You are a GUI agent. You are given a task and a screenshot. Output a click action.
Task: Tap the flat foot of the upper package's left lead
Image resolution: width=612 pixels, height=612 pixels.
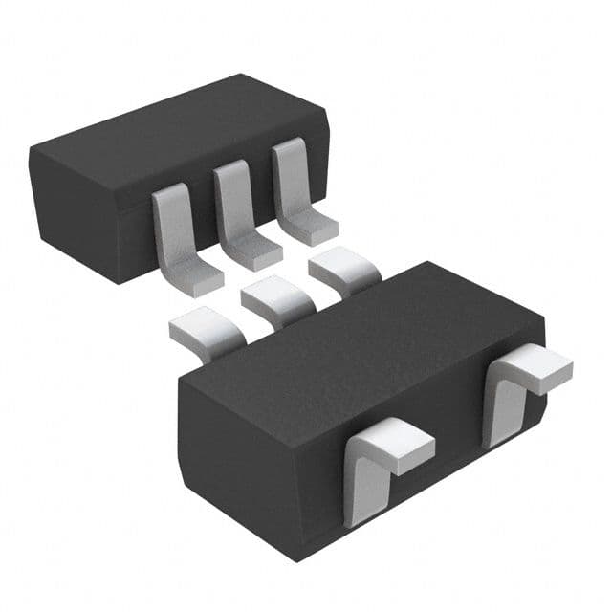coord(196,276)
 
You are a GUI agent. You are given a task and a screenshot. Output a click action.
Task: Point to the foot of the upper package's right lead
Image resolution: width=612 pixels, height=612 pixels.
coord(313,229)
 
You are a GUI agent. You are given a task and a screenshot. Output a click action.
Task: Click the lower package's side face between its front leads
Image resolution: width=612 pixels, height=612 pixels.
coord(440,469)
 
